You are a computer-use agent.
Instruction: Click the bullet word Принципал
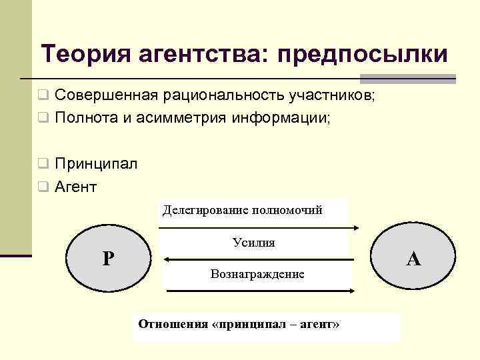[x=96, y=164]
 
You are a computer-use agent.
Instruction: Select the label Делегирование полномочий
[x=243, y=211]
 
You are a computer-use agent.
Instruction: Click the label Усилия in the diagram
[x=254, y=243]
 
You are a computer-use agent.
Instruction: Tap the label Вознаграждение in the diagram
[x=257, y=274]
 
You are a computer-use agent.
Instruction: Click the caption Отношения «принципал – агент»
[x=239, y=324]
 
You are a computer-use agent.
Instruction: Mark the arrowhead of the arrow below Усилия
[x=167, y=259]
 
